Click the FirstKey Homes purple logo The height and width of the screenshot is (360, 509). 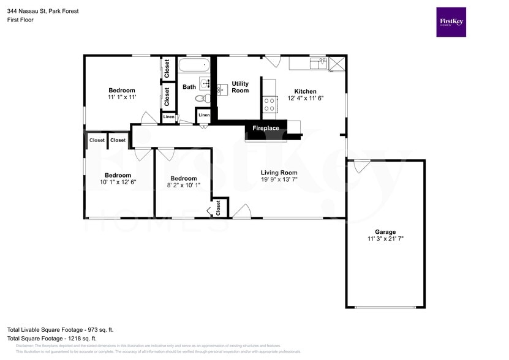450,22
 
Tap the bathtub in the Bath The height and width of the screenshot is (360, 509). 194,66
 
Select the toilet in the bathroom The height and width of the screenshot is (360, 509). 202,99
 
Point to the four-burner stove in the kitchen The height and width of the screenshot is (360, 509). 269,104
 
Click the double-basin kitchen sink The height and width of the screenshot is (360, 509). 317,62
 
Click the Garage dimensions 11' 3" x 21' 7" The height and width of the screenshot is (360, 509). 385,239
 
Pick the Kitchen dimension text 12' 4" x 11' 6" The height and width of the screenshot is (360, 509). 305,98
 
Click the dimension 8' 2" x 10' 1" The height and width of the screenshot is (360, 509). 183,185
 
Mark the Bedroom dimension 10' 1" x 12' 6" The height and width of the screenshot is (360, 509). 118,182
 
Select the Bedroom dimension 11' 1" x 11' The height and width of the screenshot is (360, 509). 121,97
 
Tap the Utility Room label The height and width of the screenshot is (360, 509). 240,87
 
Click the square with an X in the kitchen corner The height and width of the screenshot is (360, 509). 336,62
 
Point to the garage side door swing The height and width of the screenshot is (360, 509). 362,165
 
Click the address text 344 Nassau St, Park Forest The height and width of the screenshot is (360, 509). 43,11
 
